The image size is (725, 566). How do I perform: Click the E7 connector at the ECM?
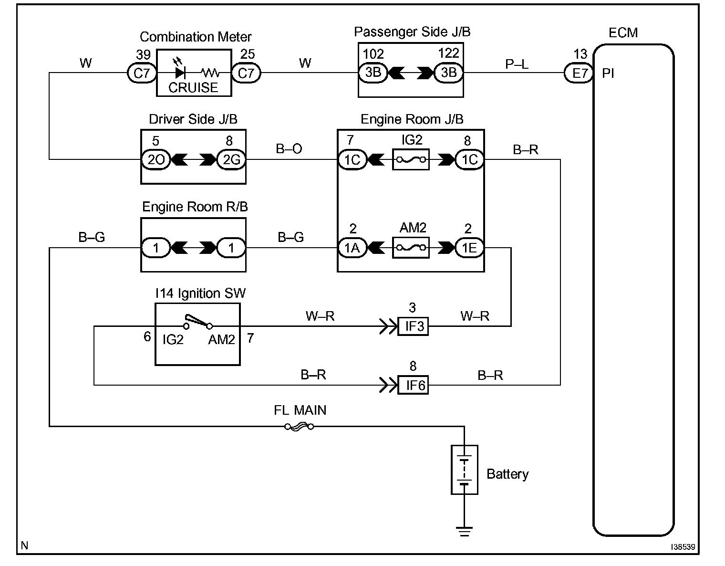point(579,73)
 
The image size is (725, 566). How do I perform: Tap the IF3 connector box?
point(413,326)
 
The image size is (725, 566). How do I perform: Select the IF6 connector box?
point(413,385)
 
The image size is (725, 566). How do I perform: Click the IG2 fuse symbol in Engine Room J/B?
point(411,159)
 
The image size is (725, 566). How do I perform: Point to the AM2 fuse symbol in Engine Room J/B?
point(411,248)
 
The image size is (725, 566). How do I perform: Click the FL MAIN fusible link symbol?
point(299,427)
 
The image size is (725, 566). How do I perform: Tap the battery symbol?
point(465,470)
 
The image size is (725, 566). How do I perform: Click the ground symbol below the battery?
point(465,531)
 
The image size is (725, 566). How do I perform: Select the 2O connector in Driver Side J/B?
point(156,159)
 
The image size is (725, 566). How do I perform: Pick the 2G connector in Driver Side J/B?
point(231,159)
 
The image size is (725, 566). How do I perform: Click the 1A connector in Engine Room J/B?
point(352,248)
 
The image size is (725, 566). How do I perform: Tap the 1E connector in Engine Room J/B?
point(469,248)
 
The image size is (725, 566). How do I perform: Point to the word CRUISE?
point(193,87)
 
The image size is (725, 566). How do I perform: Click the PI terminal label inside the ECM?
point(608,73)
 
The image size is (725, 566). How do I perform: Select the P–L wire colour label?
point(517,64)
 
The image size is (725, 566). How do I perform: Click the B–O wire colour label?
point(289,148)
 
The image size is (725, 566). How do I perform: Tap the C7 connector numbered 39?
point(142,73)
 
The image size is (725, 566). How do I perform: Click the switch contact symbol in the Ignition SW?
point(198,322)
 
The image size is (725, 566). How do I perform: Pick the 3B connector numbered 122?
point(449,73)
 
